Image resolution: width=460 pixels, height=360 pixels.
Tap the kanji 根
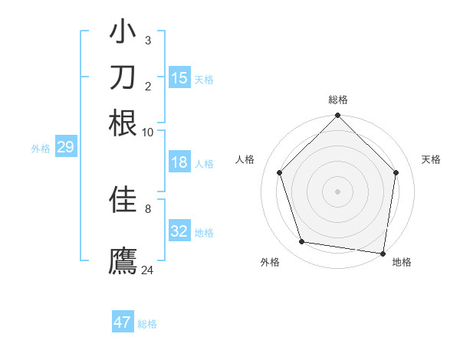click(x=123, y=123)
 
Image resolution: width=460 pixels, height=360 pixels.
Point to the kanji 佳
click(x=123, y=199)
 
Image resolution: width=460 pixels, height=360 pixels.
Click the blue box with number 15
click(x=179, y=78)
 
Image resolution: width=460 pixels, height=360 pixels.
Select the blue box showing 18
click(x=179, y=162)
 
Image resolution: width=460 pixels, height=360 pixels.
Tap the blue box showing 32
click(x=179, y=231)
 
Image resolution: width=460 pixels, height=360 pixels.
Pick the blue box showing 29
click(x=64, y=148)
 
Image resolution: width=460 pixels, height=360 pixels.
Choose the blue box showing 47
click(x=123, y=322)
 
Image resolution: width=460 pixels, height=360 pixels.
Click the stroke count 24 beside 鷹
click(x=148, y=270)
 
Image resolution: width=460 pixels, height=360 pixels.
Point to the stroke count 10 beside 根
click(x=147, y=132)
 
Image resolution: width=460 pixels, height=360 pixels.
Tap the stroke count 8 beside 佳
click(x=148, y=208)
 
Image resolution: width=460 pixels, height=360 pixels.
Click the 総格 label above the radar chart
click(x=337, y=100)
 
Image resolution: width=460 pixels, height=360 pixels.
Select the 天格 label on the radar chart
click(x=431, y=159)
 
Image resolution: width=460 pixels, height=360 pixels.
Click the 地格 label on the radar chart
click(x=402, y=262)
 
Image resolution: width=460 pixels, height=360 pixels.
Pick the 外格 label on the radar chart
click(x=270, y=262)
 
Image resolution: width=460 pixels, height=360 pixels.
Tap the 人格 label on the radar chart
click(x=245, y=159)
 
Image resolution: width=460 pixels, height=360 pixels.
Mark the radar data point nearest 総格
click(x=337, y=116)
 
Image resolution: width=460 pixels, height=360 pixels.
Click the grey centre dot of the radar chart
click(x=337, y=191)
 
